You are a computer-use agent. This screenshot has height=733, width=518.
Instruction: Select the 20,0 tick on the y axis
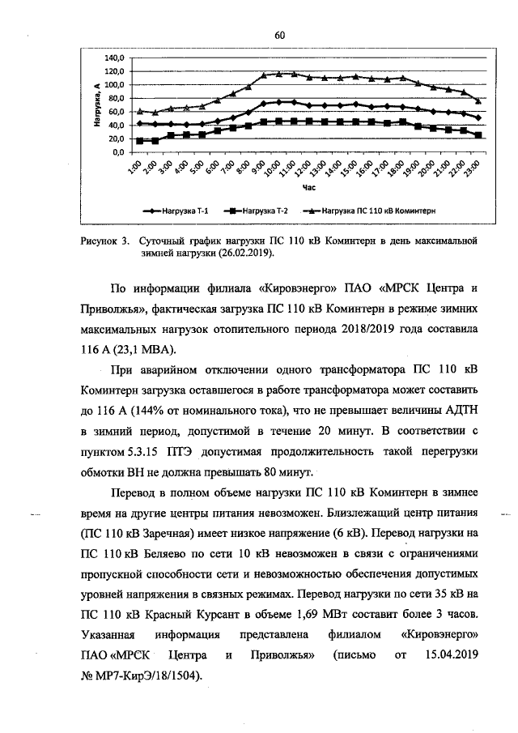[x=116, y=139]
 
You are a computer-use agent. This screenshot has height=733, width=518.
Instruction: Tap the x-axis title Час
[x=308, y=187]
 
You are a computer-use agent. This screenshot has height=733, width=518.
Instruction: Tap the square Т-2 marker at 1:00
[x=140, y=141]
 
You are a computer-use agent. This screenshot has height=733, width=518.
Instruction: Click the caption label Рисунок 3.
[x=105, y=241]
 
